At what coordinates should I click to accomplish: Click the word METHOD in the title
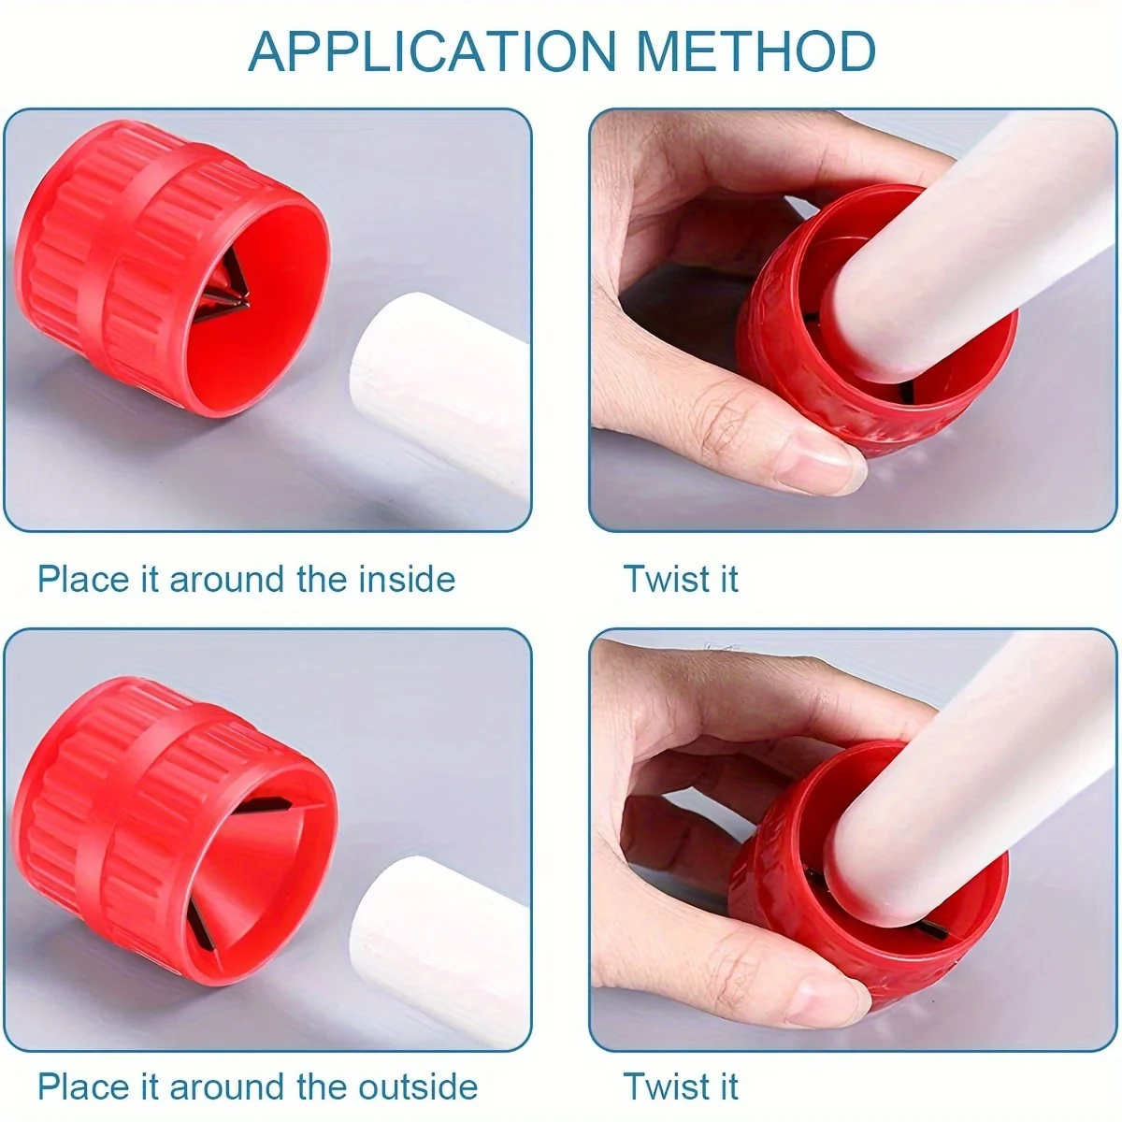point(756,51)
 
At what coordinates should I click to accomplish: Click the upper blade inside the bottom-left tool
point(265,806)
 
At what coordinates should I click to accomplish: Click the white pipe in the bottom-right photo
point(972,780)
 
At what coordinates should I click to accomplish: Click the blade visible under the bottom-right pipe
point(930,932)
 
